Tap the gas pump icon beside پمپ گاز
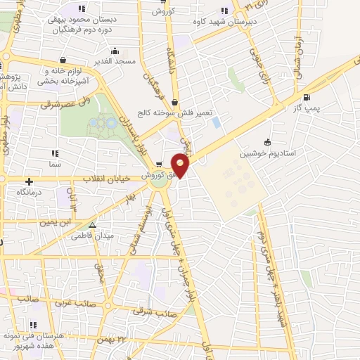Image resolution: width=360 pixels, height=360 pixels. [x=306, y=98]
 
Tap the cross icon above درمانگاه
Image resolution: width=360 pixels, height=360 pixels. [x=29, y=181]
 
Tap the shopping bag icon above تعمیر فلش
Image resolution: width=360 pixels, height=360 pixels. [x=174, y=103]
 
